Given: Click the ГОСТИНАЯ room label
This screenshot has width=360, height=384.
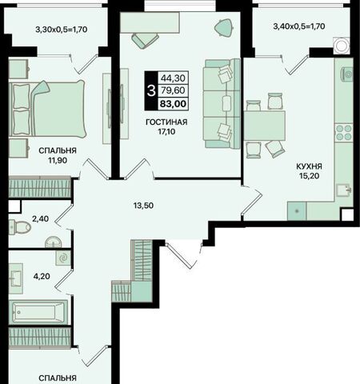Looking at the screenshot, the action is (x=166, y=122).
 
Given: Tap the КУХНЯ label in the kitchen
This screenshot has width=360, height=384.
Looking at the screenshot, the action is (x=310, y=166).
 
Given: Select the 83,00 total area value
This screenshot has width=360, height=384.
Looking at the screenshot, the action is (x=173, y=104).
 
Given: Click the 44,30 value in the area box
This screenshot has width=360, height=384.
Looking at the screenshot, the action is (x=173, y=78).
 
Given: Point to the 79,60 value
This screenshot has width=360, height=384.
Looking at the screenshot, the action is (x=173, y=90).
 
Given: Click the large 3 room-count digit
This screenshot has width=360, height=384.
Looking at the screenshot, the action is (x=151, y=91).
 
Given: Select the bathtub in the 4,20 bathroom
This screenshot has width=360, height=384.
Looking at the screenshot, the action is (x=38, y=312).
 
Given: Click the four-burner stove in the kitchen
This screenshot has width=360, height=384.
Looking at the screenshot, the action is (x=344, y=133).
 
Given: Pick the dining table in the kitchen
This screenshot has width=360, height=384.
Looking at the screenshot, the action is (x=265, y=126).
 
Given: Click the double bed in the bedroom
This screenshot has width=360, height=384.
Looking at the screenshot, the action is (x=47, y=109).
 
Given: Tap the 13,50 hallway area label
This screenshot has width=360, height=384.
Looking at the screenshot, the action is (x=143, y=206).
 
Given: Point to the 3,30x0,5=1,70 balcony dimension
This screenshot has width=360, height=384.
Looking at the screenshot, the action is (x=62, y=30).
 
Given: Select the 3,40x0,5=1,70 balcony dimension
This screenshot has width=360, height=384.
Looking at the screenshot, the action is (x=299, y=26).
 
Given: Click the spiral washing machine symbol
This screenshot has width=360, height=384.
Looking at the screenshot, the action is (x=63, y=258).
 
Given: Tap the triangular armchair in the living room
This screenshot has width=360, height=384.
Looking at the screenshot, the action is (x=224, y=27).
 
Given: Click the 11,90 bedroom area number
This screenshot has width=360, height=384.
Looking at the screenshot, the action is (x=58, y=161).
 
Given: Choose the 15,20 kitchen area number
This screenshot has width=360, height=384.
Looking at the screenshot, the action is (x=310, y=176).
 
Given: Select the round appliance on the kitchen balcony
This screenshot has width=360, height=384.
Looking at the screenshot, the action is (x=341, y=46).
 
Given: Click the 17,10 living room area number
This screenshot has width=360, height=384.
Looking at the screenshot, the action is (x=166, y=131).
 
